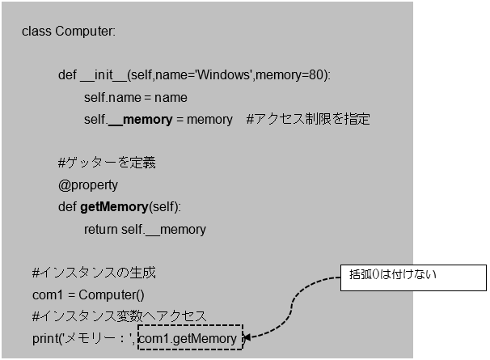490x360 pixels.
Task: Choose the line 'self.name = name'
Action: pos(135,98)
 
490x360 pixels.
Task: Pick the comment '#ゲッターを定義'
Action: pos(107,163)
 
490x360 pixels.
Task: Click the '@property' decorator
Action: pos(88,185)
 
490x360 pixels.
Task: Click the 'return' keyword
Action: pos(101,230)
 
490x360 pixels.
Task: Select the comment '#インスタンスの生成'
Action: pos(88,273)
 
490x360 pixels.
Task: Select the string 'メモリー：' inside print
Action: pos(99,339)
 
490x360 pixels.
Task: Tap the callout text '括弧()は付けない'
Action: pos(393,274)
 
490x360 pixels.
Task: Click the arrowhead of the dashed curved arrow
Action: pos(247,338)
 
